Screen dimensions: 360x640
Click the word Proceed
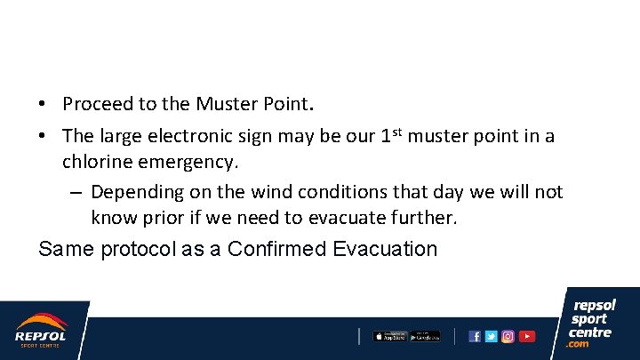pos(97,104)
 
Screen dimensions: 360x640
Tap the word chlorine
pos(96,162)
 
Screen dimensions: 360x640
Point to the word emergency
pos(187,162)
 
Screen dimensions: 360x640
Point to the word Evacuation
pos(386,248)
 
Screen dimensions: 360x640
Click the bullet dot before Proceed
pos(43,105)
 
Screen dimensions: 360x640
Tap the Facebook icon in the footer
pos(475,336)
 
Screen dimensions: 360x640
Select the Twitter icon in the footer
pos(491,336)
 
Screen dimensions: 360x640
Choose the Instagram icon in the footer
pos(508,336)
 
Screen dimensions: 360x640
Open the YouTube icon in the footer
pos(527,336)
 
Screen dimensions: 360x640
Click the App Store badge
pos(388,336)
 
